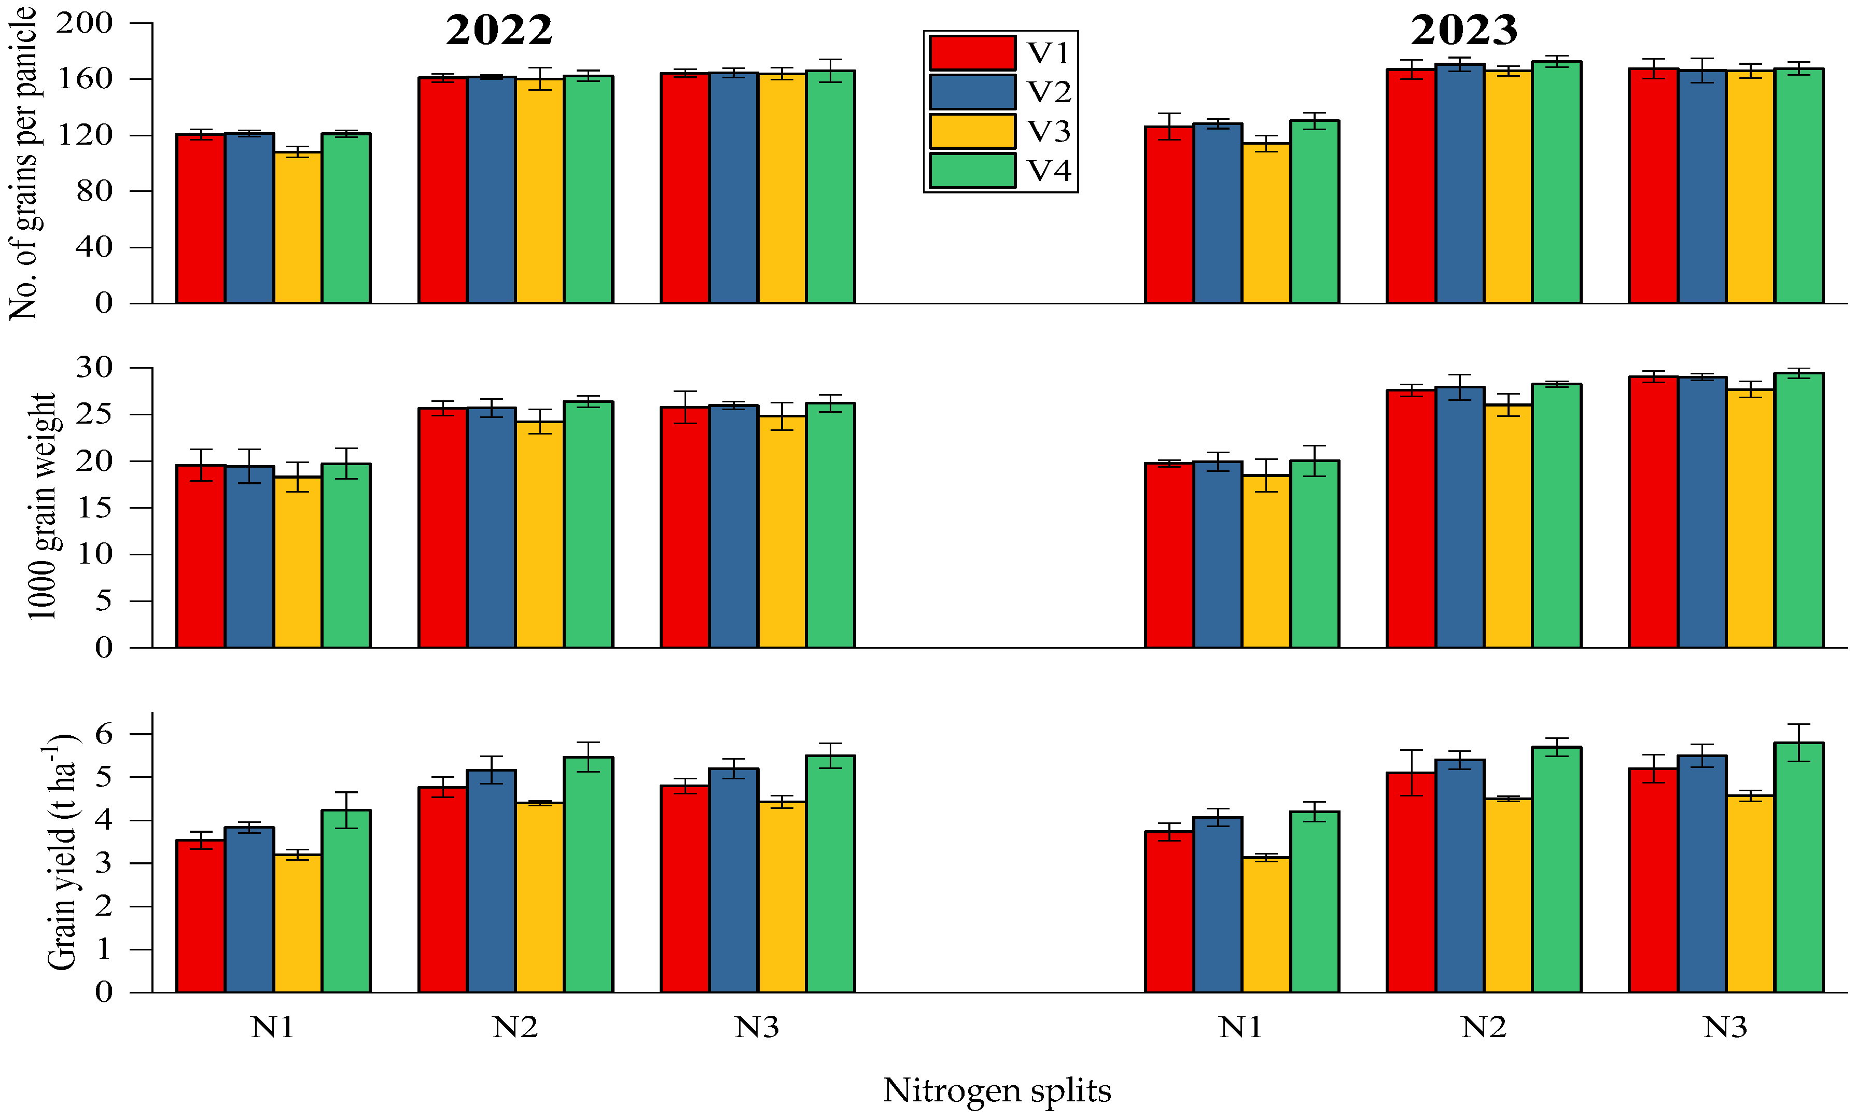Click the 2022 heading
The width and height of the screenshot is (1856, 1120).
499,31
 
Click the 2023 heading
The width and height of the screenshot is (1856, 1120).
1463,31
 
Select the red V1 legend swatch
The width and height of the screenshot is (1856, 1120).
972,53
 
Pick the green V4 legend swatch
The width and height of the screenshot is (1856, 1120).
972,170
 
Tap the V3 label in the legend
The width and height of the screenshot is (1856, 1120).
1049,132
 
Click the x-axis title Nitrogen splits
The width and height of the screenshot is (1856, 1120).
997,1090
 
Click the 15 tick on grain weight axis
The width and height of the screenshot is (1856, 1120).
94,508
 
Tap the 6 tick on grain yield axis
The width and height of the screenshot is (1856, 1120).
104,734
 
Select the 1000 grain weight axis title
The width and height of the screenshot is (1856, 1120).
42,506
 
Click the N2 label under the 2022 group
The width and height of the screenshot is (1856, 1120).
515,1027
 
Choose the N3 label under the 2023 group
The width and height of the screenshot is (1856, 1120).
1725,1027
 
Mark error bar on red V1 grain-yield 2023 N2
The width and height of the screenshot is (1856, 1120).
1411,773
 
